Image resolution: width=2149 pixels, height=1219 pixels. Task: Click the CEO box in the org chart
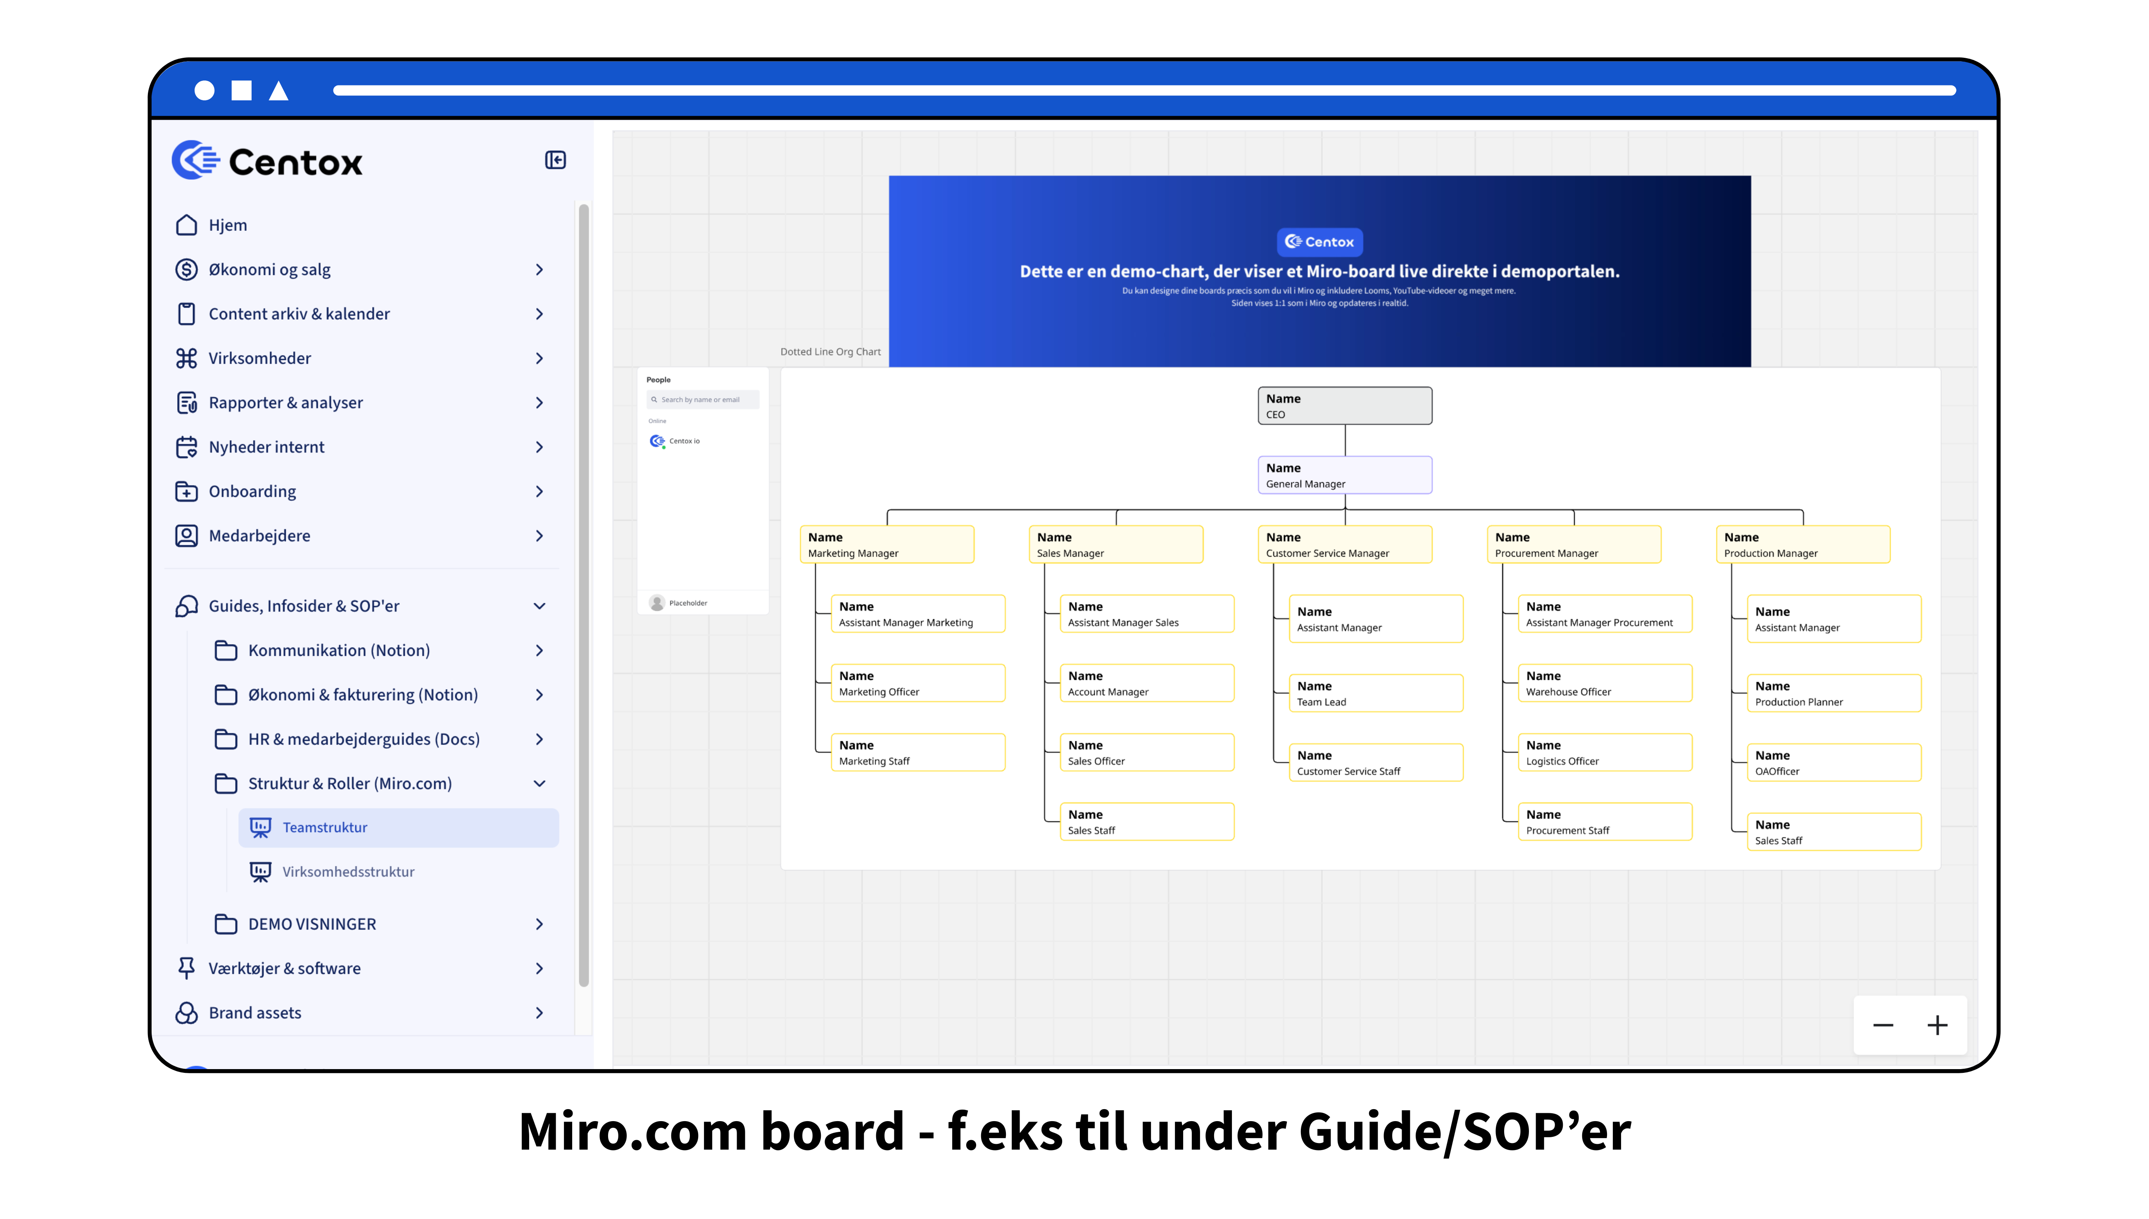click(1344, 406)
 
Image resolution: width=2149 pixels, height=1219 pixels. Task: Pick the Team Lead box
click(1375, 693)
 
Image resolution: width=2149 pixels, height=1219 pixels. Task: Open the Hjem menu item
click(228, 225)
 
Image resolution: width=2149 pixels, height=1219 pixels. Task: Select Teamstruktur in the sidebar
click(325, 827)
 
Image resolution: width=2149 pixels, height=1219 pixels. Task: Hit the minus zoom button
click(1883, 1026)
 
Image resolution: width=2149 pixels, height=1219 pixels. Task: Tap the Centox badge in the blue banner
click(1319, 242)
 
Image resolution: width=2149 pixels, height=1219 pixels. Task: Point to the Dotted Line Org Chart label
click(830, 352)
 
